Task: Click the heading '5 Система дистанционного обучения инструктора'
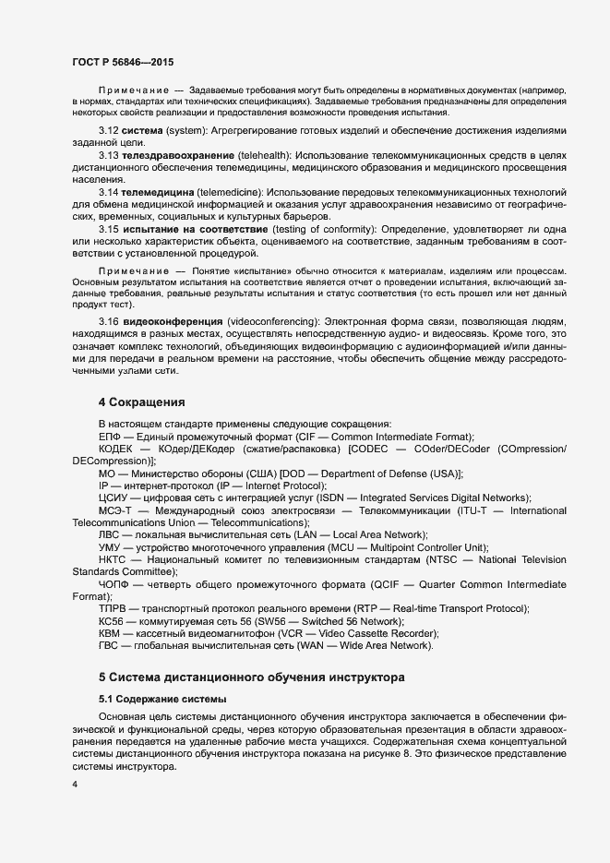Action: (x=251, y=676)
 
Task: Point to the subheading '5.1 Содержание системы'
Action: (x=161, y=698)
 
